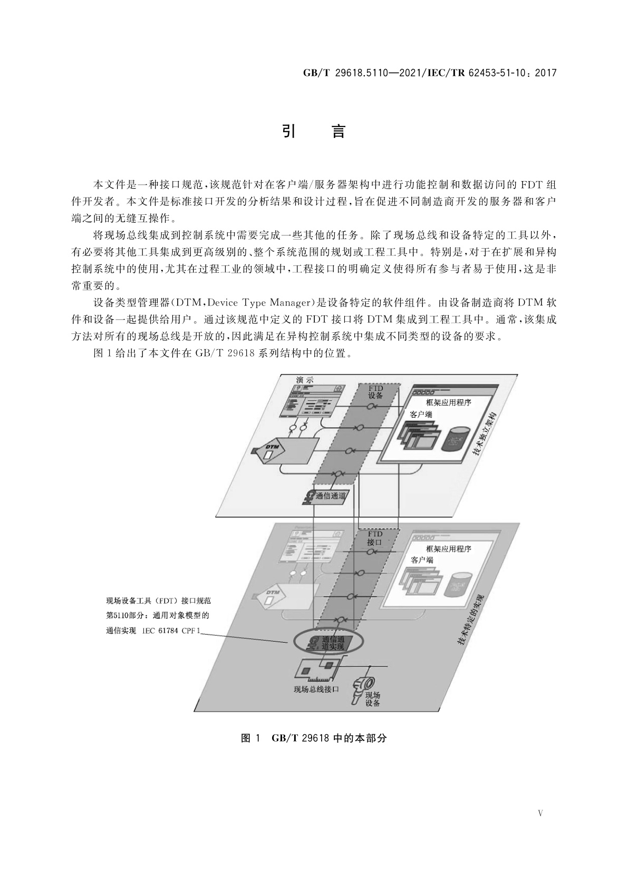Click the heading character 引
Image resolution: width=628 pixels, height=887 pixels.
tap(288, 131)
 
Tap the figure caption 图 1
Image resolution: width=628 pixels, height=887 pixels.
tap(250, 738)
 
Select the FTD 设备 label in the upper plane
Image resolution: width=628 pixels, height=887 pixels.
tap(375, 392)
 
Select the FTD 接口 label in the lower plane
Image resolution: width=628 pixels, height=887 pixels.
tap(374, 538)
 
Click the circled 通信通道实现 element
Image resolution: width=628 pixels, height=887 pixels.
tap(328, 642)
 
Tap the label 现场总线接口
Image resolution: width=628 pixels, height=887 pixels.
tap(316, 689)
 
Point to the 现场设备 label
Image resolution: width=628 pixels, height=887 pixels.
tap(372, 699)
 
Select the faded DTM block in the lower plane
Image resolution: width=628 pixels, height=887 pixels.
tap(273, 595)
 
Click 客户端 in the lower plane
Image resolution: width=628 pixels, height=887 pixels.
tap(422, 560)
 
